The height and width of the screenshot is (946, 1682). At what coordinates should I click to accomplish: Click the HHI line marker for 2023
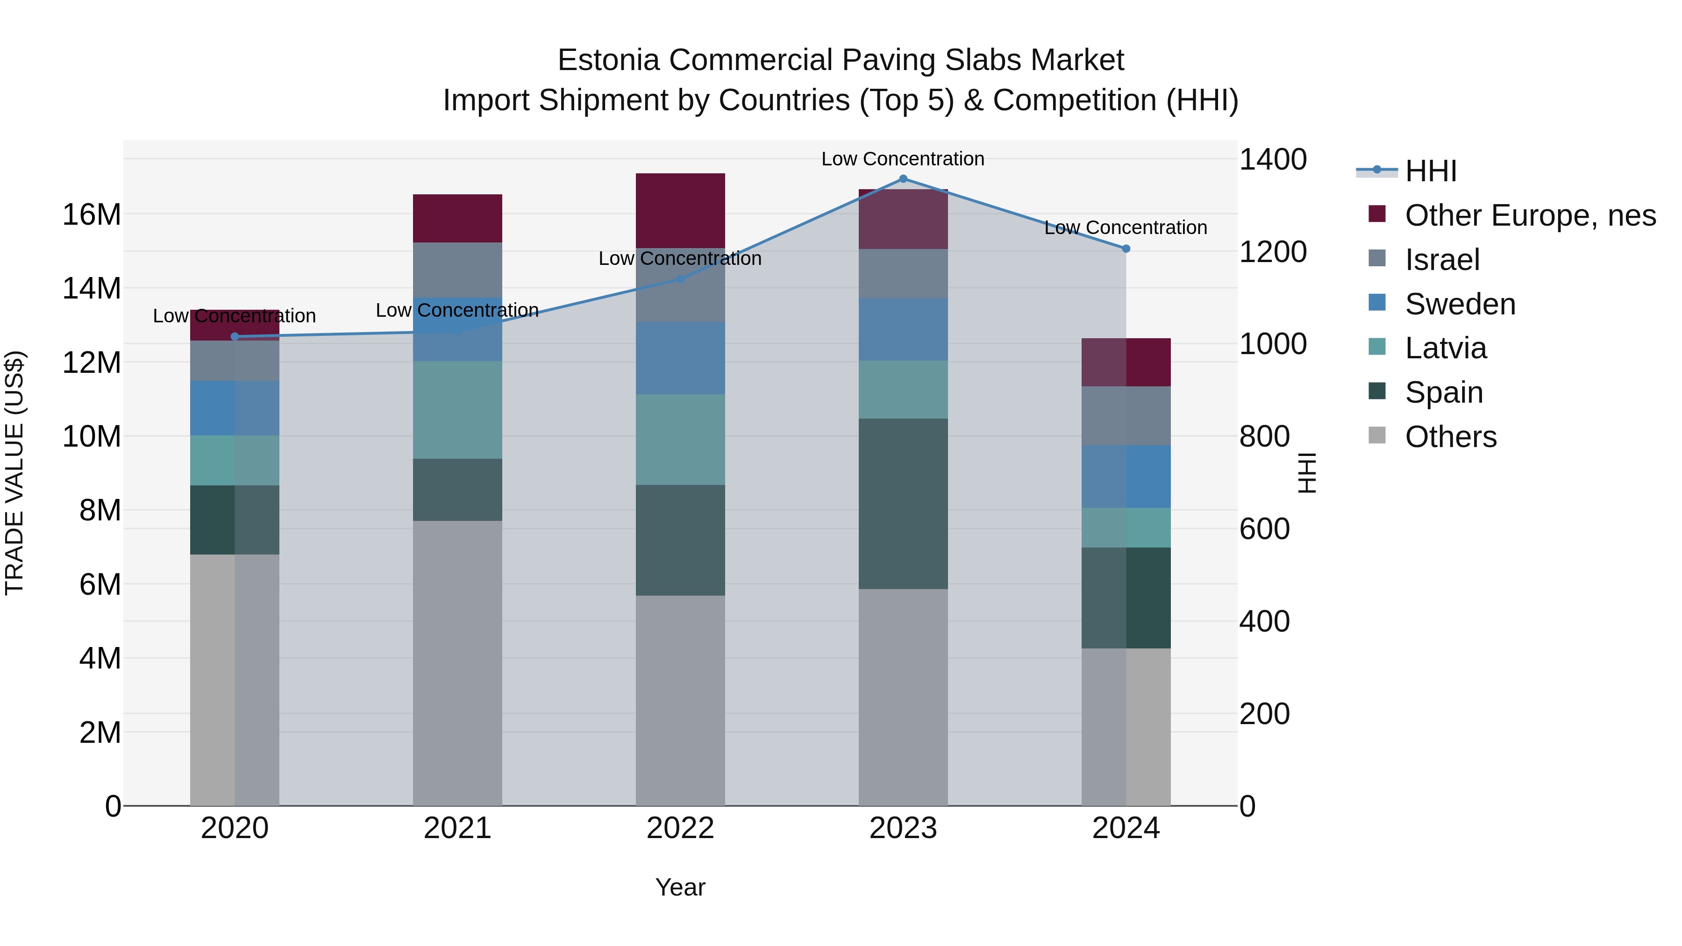tap(903, 178)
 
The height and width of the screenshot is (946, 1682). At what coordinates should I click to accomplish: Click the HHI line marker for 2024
tap(1126, 249)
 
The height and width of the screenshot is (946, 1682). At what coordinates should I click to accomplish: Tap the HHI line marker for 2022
tap(680, 279)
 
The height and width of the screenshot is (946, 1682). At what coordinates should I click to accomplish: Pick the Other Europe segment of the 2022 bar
tap(680, 210)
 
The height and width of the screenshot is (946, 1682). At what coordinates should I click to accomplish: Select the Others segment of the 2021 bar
tap(457, 662)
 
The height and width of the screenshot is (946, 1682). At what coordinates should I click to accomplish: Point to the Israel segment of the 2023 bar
tap(903, 274)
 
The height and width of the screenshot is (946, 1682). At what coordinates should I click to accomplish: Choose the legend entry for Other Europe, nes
tap(1530, 215)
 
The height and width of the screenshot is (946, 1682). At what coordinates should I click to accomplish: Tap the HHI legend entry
tap(1430, 171)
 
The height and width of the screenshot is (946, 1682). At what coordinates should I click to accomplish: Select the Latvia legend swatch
tap(1377, 347)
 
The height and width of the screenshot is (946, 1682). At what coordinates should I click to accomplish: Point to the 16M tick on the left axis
tap(92, 214)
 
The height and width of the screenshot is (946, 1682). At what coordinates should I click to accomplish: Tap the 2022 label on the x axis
tap(680, 828)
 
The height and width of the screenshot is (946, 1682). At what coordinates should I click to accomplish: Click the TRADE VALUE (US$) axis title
tap(14, 473)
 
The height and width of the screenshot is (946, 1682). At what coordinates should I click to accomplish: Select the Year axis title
tap(680, 887)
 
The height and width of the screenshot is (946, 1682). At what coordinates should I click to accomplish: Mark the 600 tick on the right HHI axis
tap(1264, 529)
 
